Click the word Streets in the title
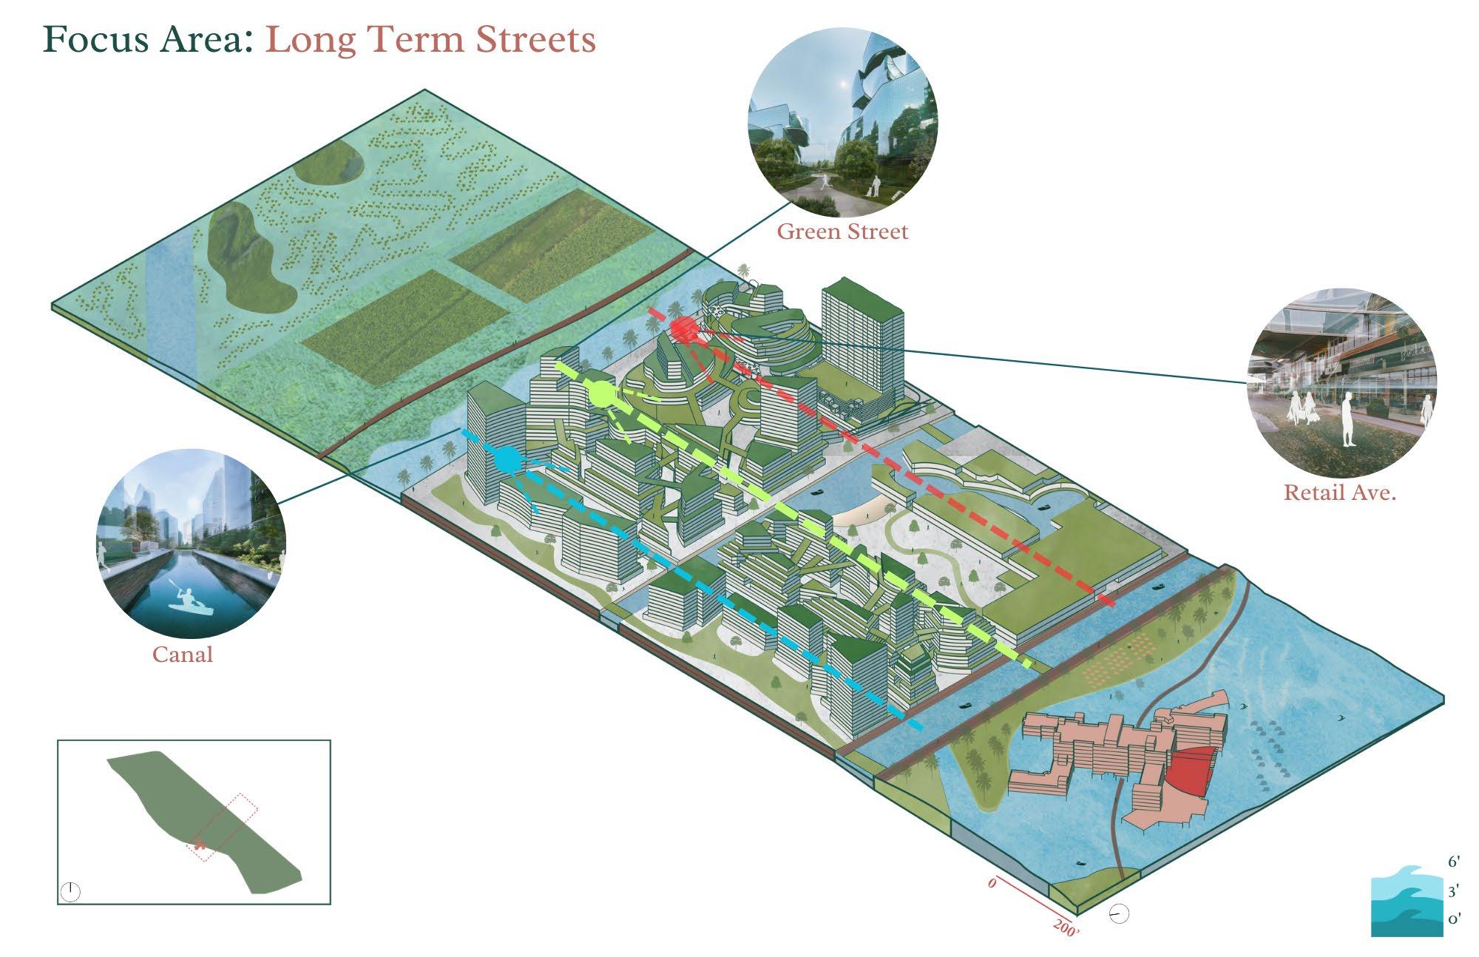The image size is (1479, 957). pos(535,39)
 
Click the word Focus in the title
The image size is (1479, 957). pos(89,39)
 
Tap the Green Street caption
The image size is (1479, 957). pos(842,231)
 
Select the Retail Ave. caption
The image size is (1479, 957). pos(1339,493)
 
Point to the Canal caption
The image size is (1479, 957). pos(183,655)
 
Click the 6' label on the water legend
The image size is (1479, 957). pos(1454,862)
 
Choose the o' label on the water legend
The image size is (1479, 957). pos(1454,920)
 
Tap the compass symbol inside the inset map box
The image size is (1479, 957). pos(70,892)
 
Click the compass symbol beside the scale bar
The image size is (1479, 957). pos(1120,915)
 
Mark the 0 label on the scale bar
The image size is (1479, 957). pos(992,883)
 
